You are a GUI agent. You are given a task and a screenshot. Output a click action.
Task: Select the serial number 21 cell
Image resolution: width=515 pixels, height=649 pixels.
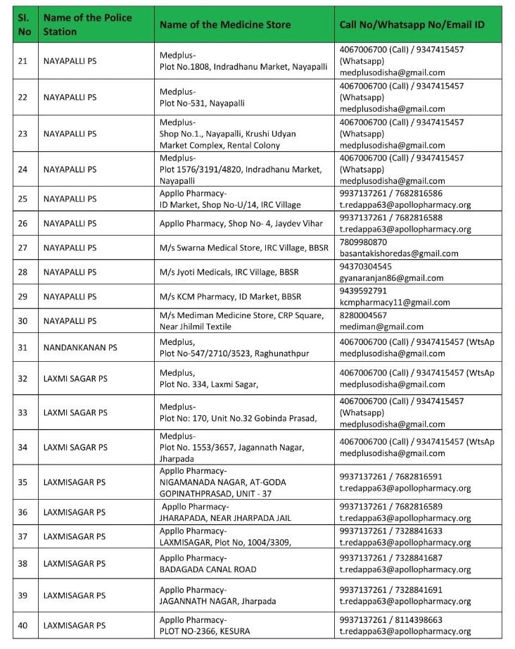tap(23, 61)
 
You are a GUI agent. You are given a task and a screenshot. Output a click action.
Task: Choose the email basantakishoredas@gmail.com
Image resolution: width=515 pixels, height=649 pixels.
tap(398, 253)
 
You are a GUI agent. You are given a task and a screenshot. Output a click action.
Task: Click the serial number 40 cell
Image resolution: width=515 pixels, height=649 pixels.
tap(23, 625)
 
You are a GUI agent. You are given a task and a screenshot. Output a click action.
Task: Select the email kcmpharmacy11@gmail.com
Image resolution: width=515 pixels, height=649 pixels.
tap(394, 302)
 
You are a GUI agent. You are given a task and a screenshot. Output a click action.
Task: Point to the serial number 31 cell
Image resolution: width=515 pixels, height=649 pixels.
tap(23, 347)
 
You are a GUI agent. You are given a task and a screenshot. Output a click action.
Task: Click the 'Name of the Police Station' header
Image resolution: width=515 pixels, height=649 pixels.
tap(87, 25)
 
